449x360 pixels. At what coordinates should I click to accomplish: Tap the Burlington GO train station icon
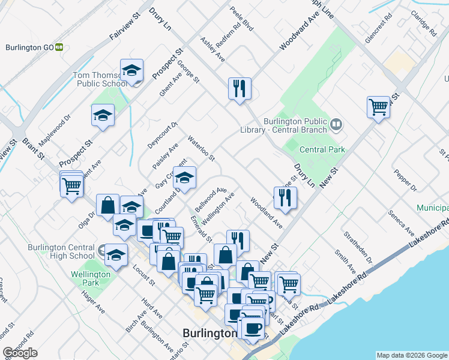coord(59,47)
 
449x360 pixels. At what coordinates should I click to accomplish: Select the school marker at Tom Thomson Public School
coord(131,71)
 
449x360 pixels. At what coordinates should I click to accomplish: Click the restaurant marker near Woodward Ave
coord(240,89)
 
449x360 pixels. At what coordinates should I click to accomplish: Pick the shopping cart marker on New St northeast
coord(378,108)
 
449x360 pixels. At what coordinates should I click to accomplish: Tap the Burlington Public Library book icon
coord(336,125)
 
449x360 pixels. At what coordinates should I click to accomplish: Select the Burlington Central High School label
coord(61,251)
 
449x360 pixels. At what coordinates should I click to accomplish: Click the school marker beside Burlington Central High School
coord(116,255)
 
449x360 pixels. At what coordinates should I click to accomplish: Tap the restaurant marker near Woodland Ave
coord(285,197)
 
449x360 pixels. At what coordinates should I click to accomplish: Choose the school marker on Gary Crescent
coord(185,177)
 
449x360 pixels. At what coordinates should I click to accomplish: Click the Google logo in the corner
coord(20,353)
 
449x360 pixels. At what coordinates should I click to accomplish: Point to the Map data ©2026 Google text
coord(412,355)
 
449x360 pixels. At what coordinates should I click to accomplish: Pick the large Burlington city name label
coord(209,333)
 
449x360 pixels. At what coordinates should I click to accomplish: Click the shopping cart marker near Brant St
coord(71,185)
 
